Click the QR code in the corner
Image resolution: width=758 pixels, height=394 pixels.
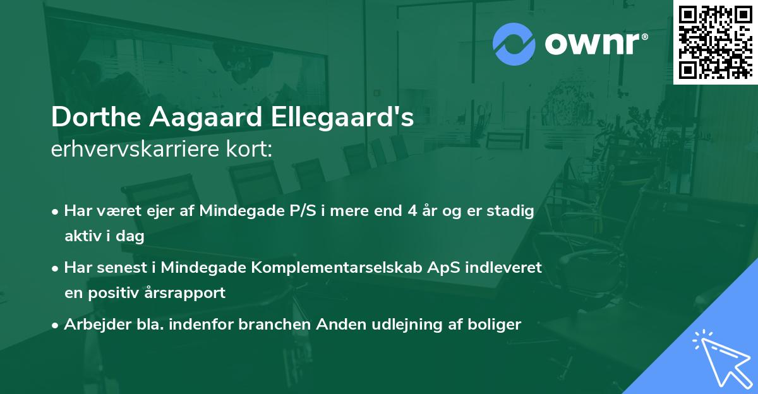click(x=715, y=42)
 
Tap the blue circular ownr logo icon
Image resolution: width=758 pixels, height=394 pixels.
click(x=514, y=44)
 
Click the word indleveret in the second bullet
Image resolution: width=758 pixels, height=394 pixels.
click(x=505, y=268)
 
